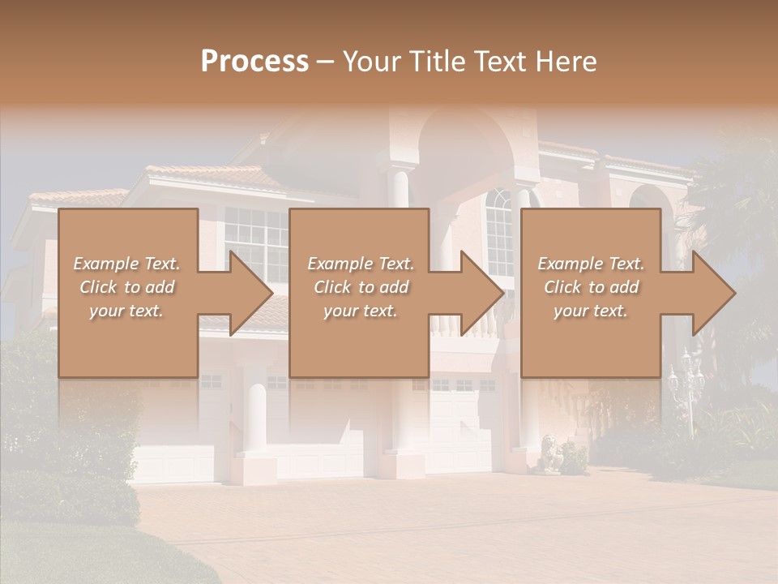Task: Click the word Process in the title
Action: (254, 62)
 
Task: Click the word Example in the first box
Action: (105, 264)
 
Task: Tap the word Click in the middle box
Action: (331, 287)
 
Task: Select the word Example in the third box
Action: (569, 264)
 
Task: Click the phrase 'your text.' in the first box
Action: (126, 311)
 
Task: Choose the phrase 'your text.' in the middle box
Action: (360, 311)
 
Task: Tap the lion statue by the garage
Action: (548, 453)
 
